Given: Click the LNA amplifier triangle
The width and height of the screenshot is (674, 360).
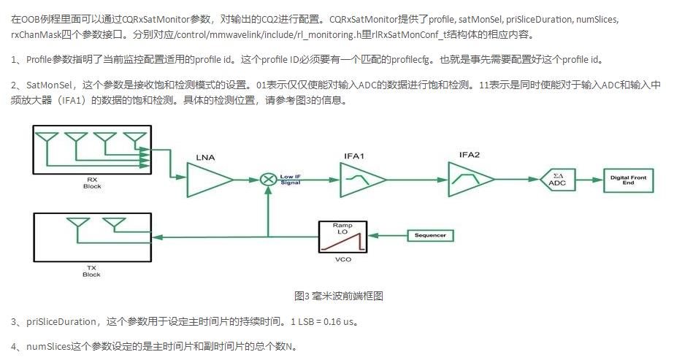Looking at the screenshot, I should click(x=209, y=179).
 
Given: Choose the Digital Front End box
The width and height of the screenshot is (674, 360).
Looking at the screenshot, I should click(x=623, y=179).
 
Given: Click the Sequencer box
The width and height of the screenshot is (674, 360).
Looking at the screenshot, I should click(x=430, y=235).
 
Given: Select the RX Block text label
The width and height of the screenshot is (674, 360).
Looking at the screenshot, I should click(x=92, y=182).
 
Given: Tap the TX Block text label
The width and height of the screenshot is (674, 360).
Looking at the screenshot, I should click(x=92, y=271).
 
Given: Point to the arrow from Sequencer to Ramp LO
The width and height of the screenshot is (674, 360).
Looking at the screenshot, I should click(x=386, y=236).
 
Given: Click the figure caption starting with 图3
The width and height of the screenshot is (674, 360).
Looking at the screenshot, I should click(x=338, y=296).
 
